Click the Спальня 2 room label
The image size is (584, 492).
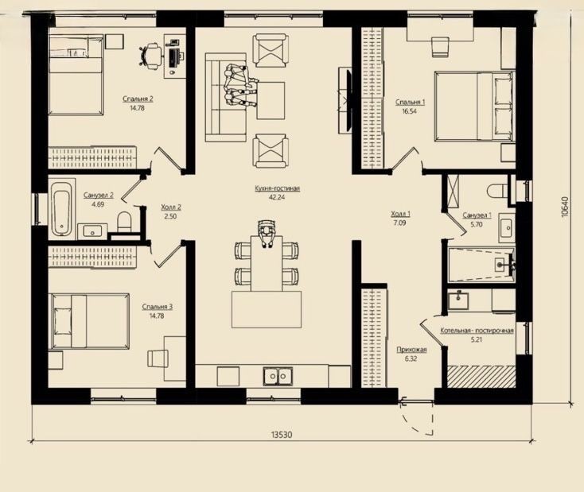[138, 99]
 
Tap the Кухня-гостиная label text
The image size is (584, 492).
[278, 188]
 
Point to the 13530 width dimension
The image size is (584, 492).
[282, 434]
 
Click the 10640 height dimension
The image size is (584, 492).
[566, 207]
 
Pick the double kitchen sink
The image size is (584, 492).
[278, 376]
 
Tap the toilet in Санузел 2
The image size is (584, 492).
[123, 222]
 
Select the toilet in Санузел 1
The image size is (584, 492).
[497, 191]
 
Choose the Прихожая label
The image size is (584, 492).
[411, 350]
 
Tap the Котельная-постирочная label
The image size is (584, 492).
[477, 331]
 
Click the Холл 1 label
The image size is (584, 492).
[400, 214]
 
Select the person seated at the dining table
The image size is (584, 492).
[267, 233]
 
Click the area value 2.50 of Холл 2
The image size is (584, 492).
[170, 216]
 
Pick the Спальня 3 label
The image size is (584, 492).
[158, 307]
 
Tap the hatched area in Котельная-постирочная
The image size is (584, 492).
[481, 377]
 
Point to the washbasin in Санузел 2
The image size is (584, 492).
[91, 231]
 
